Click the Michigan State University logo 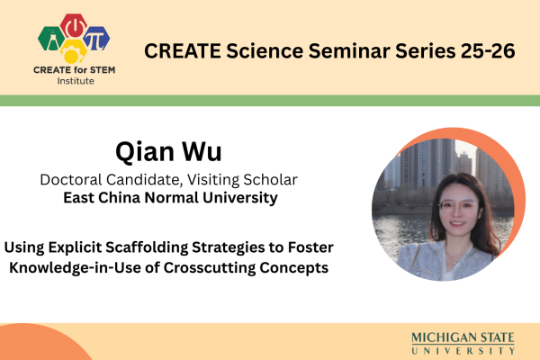coord(463,343)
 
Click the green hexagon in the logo coord(51,37)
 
